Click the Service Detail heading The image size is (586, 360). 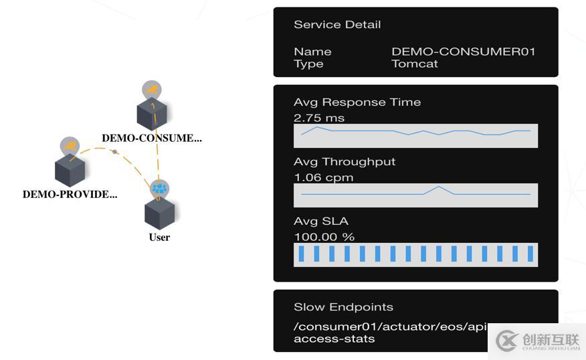click(337, 25)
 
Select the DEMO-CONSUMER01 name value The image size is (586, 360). click(463, 52)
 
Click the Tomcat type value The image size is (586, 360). click(414, 64)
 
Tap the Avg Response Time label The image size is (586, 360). click(357, 102)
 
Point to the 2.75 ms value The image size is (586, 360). click(319, 118)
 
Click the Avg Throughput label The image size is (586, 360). click(345, 162)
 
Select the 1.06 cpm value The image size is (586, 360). click(323, 177)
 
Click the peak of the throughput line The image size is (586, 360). click(439, 187)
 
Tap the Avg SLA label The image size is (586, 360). click(320, 221)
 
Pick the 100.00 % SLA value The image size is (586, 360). click(324, 236)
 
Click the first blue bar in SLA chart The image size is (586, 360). click(301, 254)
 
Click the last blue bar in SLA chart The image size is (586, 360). click(530, 254)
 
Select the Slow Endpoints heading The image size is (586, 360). click(343, 307)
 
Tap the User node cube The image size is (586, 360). click(159, 213)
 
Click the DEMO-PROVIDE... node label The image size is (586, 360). click(70, 195)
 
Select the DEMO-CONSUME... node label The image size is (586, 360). click(151, 139)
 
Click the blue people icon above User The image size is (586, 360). click(159, 189)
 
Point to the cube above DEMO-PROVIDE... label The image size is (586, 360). click(70, 170)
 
